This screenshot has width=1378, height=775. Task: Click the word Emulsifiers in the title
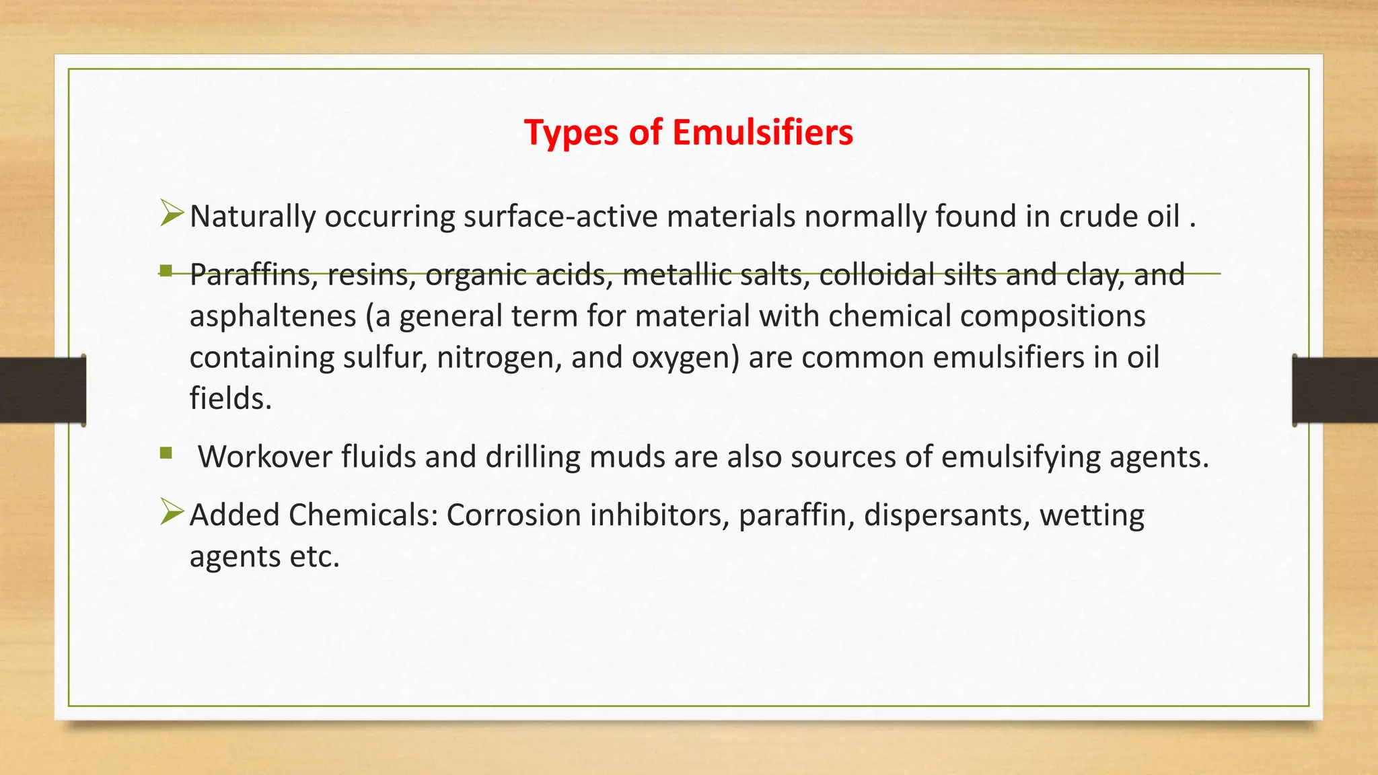coord(762,132)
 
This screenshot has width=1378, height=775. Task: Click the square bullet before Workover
coord(166,453)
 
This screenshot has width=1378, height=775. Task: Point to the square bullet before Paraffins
coord(166,271)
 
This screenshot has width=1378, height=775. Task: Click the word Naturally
coord(252,217)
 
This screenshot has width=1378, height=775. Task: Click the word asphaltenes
coord(273,316)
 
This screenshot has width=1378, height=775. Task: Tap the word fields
coord(230,398)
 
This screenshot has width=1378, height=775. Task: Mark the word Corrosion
coord(513,515)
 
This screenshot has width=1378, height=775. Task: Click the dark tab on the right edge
coord(1335,390)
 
